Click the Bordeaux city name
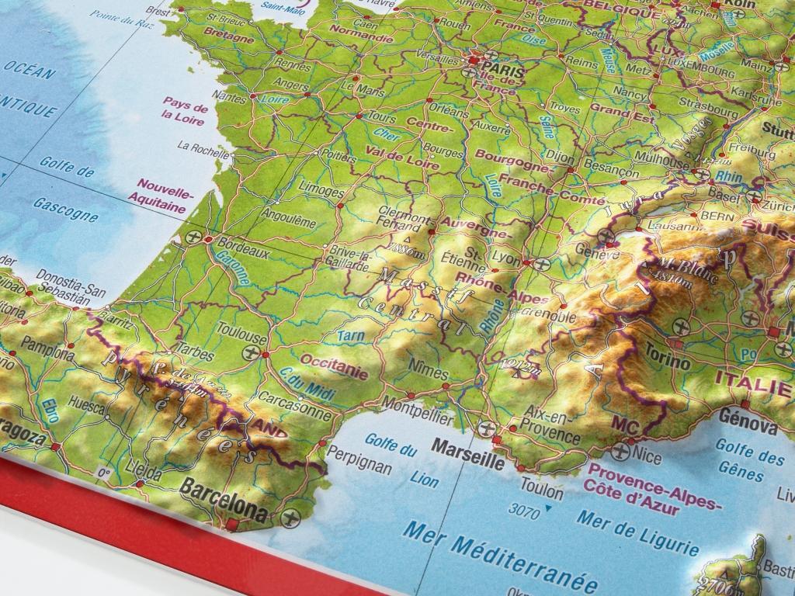click(244, 249)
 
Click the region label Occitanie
click(333, 366)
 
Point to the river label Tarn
click(351, 335)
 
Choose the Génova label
click(748, 424)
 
